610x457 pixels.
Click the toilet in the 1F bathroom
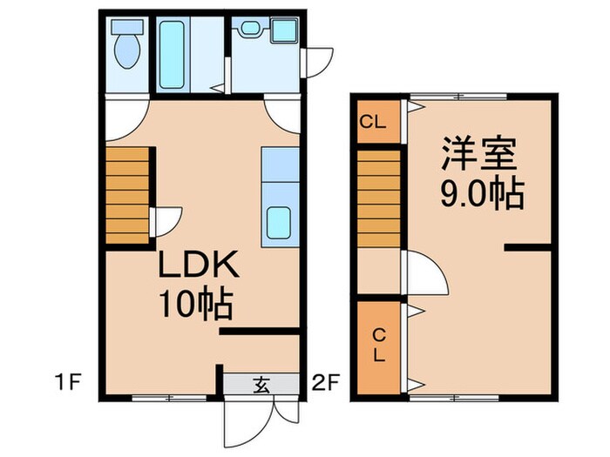pos(126,48)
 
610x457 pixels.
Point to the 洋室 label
pos(478,158)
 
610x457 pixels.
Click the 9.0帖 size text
pos(481,195)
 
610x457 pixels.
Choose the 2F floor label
pos(324,380)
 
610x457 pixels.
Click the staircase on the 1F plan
pos(127,196)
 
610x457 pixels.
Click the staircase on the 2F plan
pos(378,198)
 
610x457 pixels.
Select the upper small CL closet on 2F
pos(376,122)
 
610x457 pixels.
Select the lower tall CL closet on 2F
pos(378,345)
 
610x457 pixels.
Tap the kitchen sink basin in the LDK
pos(281,223)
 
